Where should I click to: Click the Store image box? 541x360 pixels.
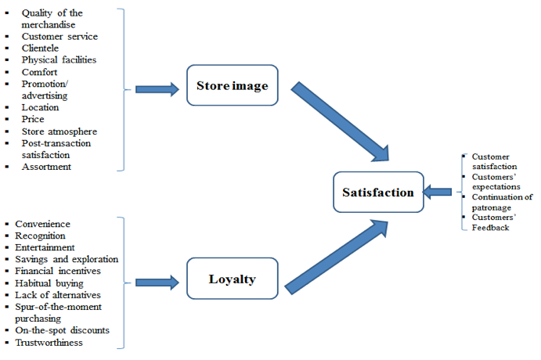click(x=233, y=85)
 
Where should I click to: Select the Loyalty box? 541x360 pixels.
click(x=233, y=279)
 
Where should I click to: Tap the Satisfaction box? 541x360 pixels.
click(x=378, y=192)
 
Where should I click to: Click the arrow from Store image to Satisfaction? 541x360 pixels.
click(x=340, y=121)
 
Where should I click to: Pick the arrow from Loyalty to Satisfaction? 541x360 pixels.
click(x=337, y=257)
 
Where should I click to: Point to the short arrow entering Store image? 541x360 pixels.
click(x=157, y=90)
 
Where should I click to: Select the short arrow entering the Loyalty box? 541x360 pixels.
click(x=157, y=283)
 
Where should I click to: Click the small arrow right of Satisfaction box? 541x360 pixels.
click(x=437, y=192)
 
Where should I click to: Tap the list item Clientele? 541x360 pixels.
click(x=40, y=49)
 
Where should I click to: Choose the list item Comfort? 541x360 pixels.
click(x=39, y=72)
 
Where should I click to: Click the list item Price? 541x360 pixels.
click(x=33, y=119)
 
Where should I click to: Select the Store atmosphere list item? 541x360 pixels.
click(x=60, y=131)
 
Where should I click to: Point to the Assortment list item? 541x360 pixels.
click(x=46, y=167)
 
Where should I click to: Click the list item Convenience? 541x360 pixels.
click(x=42, y=224)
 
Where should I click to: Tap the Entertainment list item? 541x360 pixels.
click(x=45, y=247)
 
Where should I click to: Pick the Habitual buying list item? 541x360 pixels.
click(x=49, y=283)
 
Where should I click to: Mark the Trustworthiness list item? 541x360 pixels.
click(x=49, y=343)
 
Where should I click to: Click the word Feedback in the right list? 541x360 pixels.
click(x=490, y=228)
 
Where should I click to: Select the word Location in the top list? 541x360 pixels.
click(x=40, y=107)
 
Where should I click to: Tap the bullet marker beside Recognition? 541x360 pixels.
click(x=7, y=236)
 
